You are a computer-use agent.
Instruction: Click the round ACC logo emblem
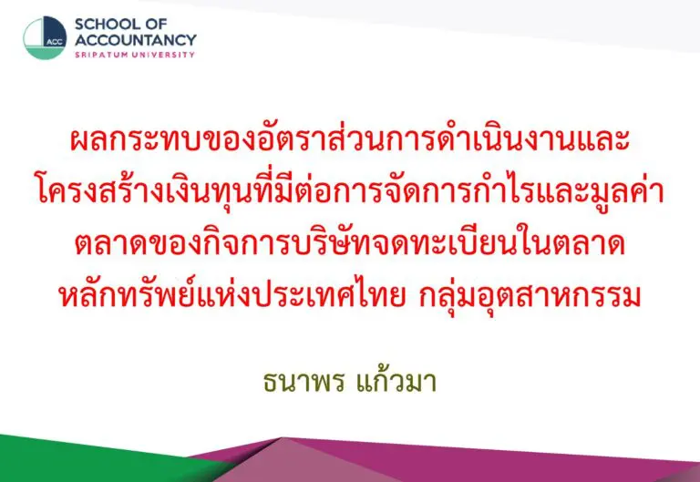45,38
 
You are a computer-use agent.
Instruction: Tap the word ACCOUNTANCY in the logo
136,40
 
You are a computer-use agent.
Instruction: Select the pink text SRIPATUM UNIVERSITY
135,55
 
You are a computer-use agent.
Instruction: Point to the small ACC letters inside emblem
55,43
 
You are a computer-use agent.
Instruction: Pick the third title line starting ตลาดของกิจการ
350,243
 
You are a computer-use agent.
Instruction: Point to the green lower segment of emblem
44,53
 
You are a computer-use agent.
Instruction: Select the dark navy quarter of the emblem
55,31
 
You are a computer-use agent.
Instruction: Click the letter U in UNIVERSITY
139,55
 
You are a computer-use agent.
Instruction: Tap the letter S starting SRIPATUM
77,55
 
